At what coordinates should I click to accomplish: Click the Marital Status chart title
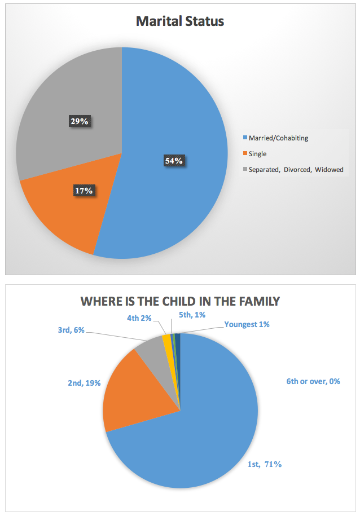click(180, 21)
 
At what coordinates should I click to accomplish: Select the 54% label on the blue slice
click(174, 161)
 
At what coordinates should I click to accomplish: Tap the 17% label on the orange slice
click(84, 191)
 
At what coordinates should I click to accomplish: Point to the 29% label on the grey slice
click(79, 121)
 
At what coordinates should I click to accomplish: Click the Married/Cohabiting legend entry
click(279, 138)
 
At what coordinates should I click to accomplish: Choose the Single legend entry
click(258, 153)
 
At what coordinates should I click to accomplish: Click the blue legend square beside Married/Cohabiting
click(244, 138)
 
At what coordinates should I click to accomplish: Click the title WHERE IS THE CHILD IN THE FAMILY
click(180, 301)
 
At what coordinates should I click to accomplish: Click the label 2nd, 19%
click(85, 383)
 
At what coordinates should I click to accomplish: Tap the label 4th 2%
click(140, 317)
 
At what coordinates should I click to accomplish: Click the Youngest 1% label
click(247, 324)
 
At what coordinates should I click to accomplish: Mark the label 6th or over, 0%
click(313, 381)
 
